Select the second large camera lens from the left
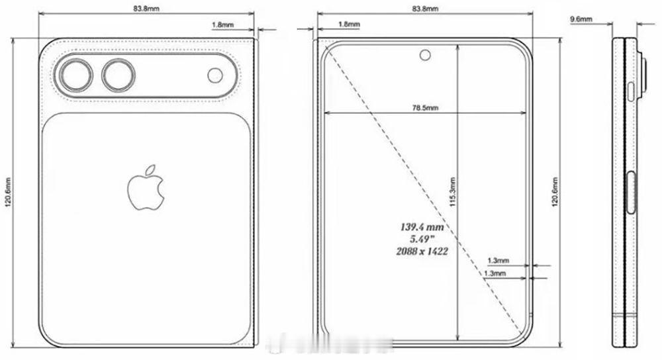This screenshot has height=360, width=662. click(x=118, y=75)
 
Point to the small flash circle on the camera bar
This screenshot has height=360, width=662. click(x=216, y=75)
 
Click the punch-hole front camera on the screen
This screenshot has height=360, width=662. click(x=424, y=54)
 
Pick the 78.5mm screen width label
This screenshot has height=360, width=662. click(x=424, y=107)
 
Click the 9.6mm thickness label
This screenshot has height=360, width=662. click(x=581, y=21)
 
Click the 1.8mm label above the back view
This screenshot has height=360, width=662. click(x=221, y=24)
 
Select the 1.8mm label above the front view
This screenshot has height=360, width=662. click(x=349, y=24)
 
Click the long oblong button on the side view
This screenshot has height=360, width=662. click(x=630, y=193)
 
